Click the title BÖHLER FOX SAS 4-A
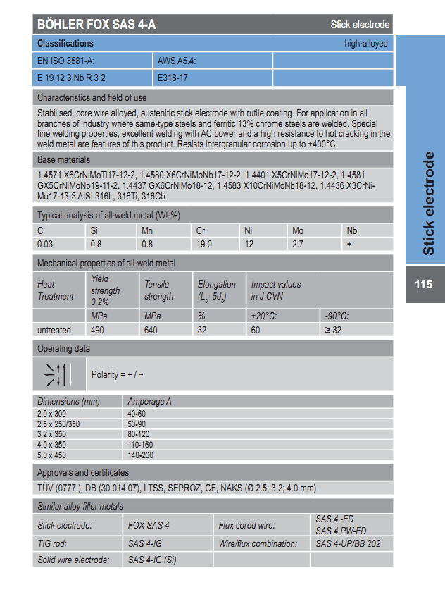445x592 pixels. pos(96,25)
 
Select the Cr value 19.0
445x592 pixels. pos(204,244)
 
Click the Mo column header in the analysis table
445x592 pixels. pos(298,230)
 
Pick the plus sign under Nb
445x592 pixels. pos(349,244)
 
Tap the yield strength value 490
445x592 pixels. pos(99,330)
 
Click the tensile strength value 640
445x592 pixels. pos(152,330)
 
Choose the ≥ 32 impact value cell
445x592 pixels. pos(334,330)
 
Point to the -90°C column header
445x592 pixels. pos(337,316)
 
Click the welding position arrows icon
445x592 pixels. pos(58,374)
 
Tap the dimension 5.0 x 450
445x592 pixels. pos(54,456)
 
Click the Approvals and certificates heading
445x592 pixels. pos(82,472)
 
